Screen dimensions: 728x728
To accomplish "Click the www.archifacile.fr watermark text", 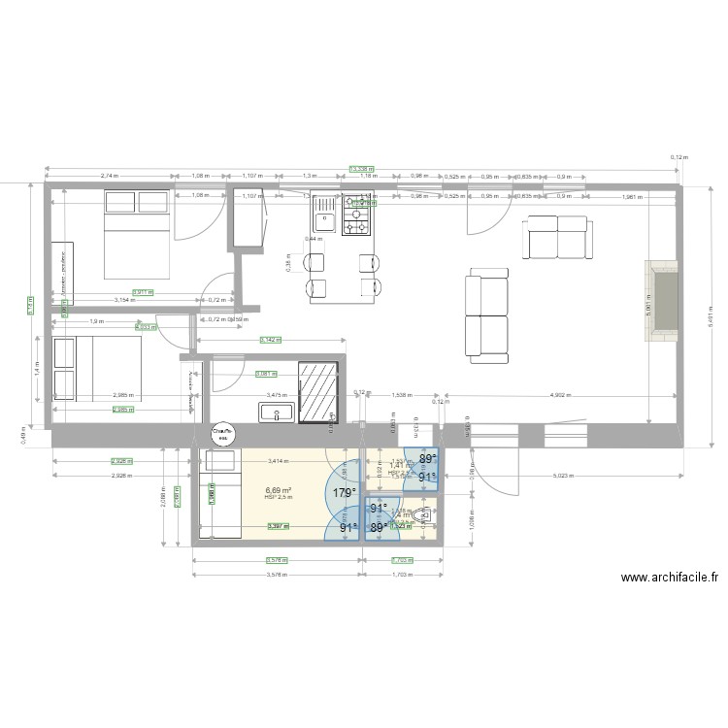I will (669, 578).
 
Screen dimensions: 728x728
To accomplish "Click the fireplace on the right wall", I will (664, 301).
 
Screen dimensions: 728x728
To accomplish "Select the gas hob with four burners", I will (355, 215).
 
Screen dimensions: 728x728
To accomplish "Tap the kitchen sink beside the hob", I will (322, 215).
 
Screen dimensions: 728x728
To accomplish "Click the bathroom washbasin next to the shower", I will (278, 414).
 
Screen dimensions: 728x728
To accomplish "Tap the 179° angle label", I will (344, 493).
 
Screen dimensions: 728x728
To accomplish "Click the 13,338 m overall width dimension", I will (363, 168).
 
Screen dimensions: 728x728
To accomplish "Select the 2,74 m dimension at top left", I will (110, 177).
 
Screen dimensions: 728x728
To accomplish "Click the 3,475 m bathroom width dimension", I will (277, 396).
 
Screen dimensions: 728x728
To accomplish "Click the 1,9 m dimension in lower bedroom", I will (96, 320).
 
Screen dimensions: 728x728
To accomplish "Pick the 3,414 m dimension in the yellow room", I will (278, 461).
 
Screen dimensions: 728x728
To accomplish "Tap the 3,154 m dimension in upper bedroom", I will (125, 300).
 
